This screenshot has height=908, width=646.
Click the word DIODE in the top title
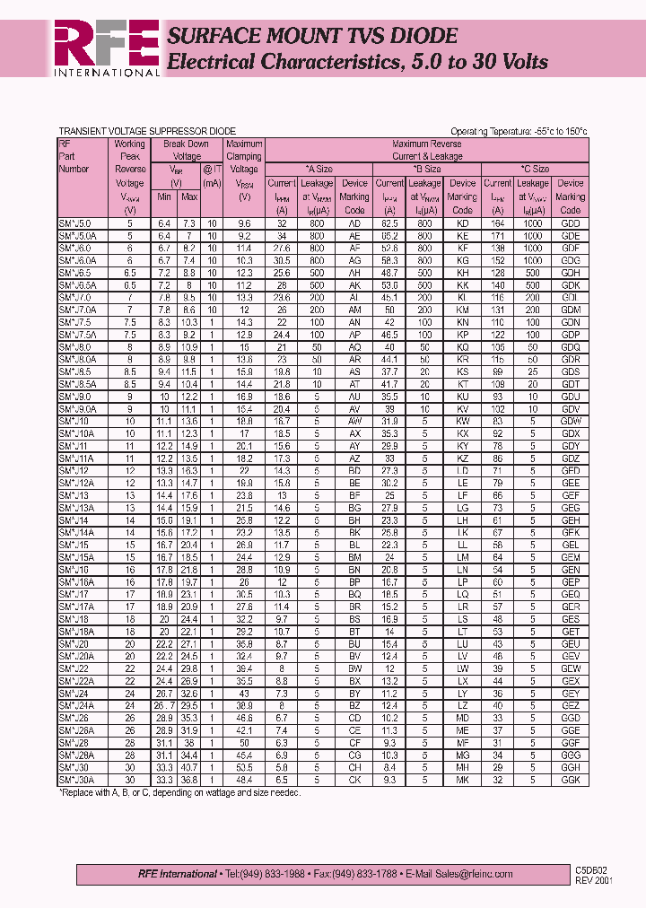pos(417,36)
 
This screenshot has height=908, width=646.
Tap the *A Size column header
pos(319,169)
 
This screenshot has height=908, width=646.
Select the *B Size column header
pos(426,169)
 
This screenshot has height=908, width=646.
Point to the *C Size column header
pos(535,169)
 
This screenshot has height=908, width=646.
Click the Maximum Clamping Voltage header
pos(243,156)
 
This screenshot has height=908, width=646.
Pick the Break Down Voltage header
pos(186,150)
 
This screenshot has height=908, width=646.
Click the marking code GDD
pos(570,223)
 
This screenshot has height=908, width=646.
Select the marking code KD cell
pos(462,223)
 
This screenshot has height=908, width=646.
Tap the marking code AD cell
pos(354,223)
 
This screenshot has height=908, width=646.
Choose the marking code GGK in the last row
pos(570,781)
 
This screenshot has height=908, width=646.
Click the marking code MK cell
pos(462,781)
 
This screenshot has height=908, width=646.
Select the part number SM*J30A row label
pos(75,781)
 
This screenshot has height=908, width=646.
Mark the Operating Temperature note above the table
pos(519,132)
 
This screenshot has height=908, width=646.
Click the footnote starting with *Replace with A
pos(179,793)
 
